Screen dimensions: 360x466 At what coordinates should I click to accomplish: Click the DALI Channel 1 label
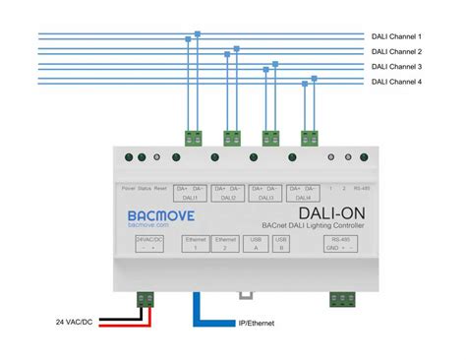click(x=396, y=35)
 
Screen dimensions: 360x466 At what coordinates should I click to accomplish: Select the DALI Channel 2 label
click(x=396, y=51)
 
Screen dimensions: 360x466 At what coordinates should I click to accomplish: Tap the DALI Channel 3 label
click(x=396, y=66)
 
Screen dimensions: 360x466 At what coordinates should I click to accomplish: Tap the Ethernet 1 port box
click(x=195, y=244)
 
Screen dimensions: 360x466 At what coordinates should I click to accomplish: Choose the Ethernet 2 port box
click(x=226, y=244)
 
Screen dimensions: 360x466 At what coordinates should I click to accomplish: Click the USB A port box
click(x=256, y=244)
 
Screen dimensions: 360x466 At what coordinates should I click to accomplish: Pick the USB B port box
click(x=281, y=244)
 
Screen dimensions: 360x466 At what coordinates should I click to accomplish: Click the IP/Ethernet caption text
click(x=258, y=322)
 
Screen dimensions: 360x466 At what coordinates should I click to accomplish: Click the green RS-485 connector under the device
click(x=343, y=298)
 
